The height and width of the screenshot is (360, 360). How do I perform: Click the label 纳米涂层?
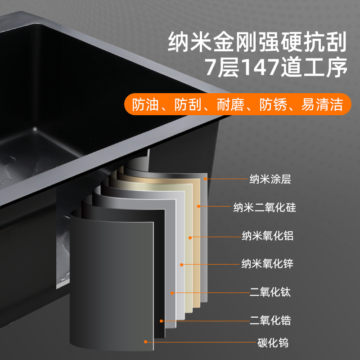[270, 179]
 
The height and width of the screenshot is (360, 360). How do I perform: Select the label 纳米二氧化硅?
[265, 207]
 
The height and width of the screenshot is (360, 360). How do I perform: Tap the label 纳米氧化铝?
[267, 236]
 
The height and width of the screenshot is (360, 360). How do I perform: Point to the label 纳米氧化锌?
[267, 264]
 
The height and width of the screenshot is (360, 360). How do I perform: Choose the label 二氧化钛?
[270, 292]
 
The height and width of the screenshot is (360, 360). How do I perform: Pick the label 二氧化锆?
[270, 320]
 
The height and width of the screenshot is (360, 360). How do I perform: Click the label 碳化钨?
[273, 343]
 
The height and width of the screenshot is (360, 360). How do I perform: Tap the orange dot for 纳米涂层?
[205, 179]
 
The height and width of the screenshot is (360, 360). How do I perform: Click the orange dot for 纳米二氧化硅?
[199, 206]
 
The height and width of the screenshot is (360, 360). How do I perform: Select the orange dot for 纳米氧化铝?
[190, 238]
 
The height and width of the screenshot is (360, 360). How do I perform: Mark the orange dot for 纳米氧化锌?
[182, 265]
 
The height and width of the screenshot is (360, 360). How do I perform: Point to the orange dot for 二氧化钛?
[172, 293]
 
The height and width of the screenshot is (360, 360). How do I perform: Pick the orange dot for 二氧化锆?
[162, 321]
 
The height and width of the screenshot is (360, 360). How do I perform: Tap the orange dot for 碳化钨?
[145, 342]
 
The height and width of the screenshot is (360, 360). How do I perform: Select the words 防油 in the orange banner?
[145, 105]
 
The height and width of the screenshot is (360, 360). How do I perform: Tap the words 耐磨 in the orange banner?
[230, 105]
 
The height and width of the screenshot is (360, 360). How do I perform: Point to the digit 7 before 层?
[210, 67]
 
